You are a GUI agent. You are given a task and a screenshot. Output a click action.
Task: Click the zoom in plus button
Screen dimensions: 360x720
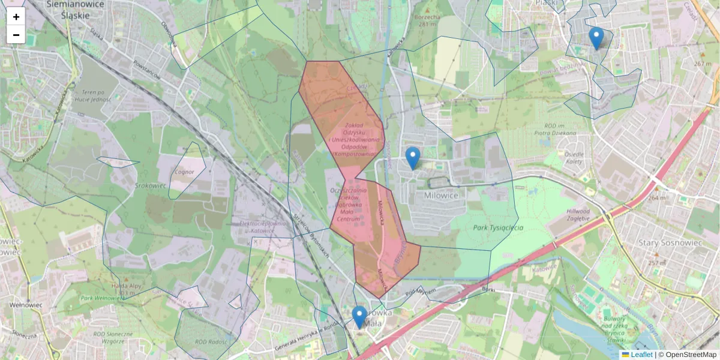pos(16,17)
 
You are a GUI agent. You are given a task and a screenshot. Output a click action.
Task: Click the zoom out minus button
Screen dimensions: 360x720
pos(16,35)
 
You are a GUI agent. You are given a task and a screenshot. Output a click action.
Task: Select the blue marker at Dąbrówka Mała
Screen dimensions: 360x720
pos(359,317)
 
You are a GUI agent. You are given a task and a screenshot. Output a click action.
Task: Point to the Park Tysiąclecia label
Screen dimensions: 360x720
pos(498,227)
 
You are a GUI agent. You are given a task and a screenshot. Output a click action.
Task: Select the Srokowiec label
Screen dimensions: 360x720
pos(151,185)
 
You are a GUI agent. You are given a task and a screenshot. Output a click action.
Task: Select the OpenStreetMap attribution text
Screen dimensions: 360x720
pos(688,355)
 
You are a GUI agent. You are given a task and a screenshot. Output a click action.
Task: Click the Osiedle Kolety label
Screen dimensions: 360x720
pos(574,157)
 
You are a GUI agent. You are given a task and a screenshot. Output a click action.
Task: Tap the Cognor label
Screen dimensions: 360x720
pos(184,172)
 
